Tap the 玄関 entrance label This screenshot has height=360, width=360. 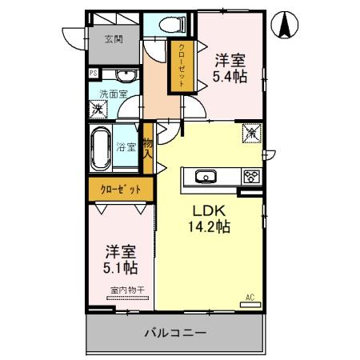click(x=114, y=38)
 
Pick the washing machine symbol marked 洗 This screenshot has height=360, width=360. click(x=98, y=109)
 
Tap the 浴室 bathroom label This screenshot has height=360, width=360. click(x=126, y=147)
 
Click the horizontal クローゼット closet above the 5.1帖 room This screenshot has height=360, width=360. click(x=121, y=190)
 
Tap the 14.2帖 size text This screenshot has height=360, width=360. click(x=210, y=227)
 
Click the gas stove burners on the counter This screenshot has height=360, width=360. click(x=251, y=176)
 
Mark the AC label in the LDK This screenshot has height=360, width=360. click(x=250, y=298)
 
